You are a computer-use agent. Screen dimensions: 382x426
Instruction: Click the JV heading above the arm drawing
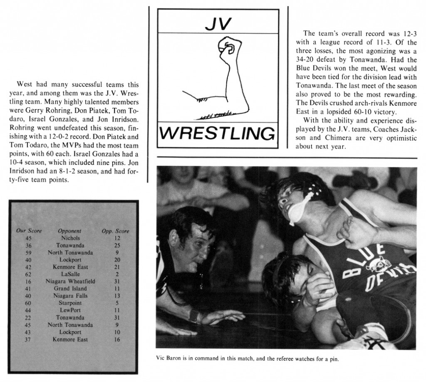[218, 24]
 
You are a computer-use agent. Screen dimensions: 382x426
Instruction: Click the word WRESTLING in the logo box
[218, 134]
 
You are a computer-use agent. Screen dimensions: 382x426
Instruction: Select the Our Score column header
[29, 231]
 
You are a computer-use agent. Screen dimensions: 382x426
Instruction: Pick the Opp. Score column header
[115, 231]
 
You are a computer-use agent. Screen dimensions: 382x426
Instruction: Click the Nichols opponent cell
[70, 238]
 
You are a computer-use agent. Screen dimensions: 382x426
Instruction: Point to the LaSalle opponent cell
[70, 274]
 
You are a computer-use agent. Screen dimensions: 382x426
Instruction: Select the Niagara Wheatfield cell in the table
[70, 281]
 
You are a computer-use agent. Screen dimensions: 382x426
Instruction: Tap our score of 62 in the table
[29, 274]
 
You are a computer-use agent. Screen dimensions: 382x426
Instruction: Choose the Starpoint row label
[70, 303]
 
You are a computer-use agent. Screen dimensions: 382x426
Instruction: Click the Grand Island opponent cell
[70, 288]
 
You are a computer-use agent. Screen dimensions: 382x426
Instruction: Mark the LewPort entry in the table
[70, 311]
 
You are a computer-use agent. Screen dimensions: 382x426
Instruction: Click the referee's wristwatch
[194, 316]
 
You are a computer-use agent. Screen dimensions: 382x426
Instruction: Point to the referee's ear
[173, 238]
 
